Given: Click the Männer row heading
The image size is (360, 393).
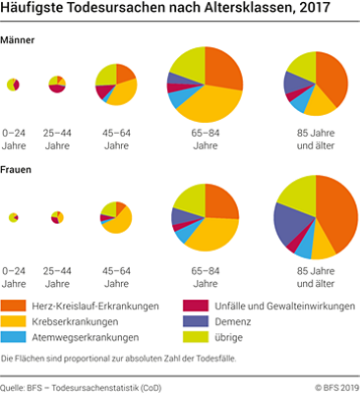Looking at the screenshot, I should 20,39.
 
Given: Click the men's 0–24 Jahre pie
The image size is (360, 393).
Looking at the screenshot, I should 13,84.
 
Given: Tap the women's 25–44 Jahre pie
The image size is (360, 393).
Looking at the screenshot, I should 57,216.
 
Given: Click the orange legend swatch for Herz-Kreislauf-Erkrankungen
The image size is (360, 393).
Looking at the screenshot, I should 13,306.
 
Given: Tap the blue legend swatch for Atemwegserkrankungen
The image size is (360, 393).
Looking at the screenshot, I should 13,337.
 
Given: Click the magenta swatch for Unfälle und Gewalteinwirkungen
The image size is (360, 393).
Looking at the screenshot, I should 196,306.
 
